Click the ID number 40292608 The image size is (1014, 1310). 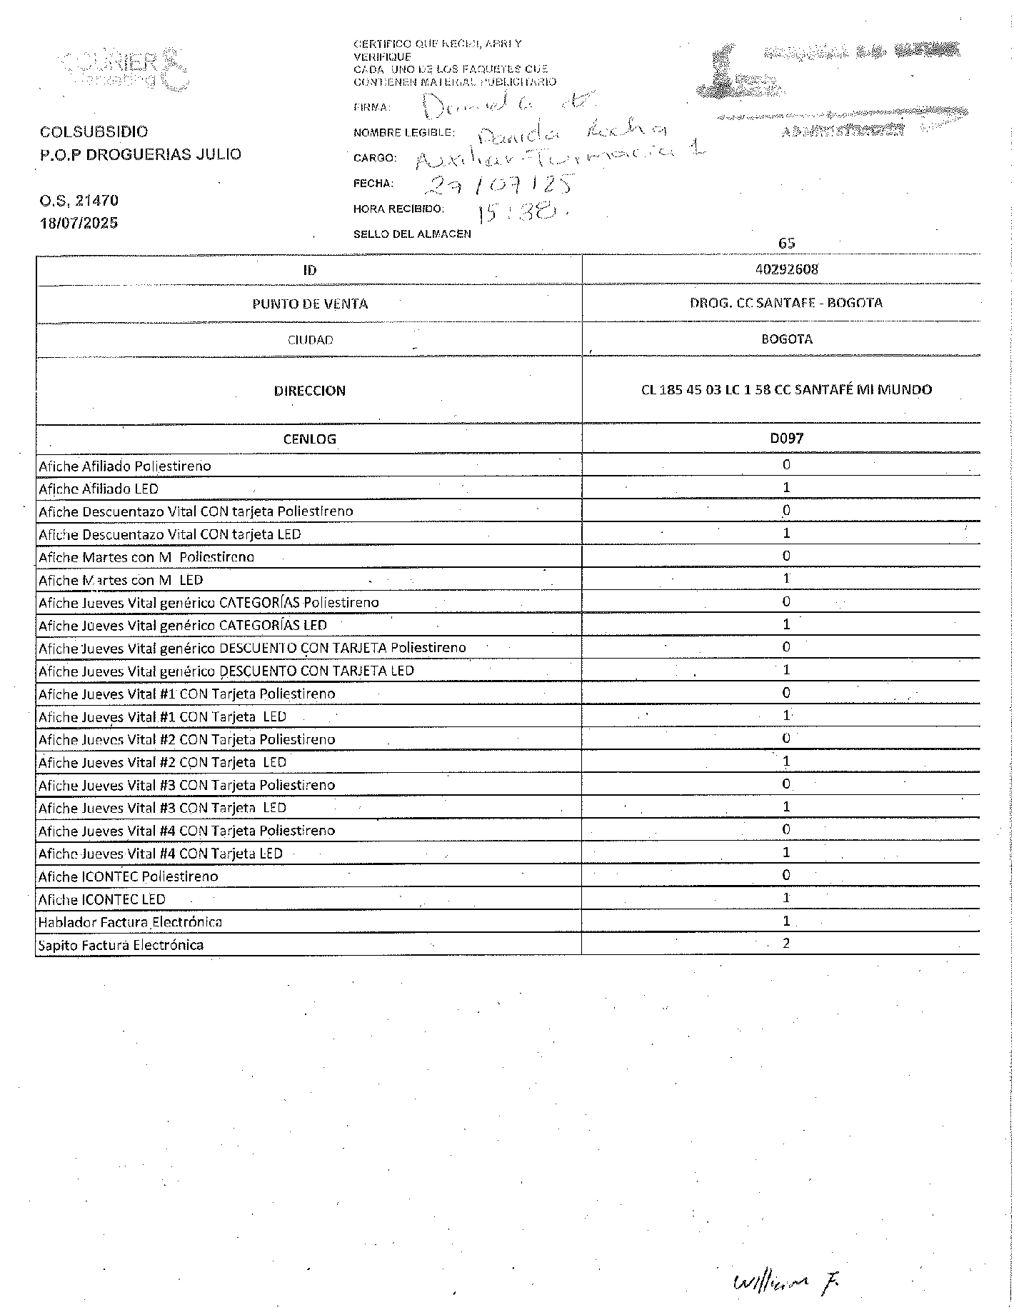coord(786,269)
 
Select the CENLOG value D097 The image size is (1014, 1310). coord(786,438)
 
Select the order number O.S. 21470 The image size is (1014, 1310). coord(79,201)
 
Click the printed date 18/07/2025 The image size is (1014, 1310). coord(79,223)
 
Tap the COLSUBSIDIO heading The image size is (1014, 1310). coord(94,131)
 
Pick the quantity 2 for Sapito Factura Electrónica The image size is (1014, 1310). coord(786,944)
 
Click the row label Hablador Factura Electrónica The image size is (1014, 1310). coord(130,922)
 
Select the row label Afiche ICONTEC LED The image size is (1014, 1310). coord(102,899)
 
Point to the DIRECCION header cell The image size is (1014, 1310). coord(309,391)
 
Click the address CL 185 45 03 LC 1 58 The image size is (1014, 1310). coord(786,390)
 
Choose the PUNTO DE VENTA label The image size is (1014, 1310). coord(309,304)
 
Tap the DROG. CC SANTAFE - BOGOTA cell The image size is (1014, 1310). coord(786,303)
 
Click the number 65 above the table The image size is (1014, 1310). coord(786,243)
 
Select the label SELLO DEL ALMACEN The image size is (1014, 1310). coord(412,234)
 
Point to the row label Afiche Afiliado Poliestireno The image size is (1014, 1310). coord(125,466)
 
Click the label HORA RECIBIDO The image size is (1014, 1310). coord(398,209)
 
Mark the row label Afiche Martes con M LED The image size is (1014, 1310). coord(121,580)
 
